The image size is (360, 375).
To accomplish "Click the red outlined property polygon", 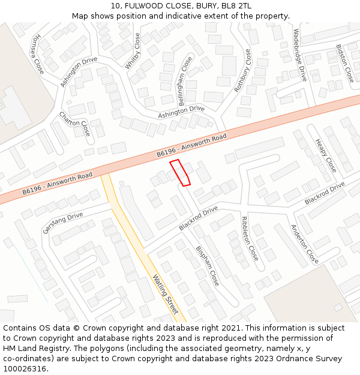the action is tap(179, 173).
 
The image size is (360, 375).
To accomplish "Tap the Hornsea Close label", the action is tap(38, 53).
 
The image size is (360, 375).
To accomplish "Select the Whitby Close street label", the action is tap(133, 51).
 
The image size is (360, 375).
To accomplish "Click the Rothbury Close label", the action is tap(243, 71).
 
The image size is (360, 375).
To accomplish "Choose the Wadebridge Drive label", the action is tap(300, 56).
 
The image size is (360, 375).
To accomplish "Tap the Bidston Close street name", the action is tap(345, 63).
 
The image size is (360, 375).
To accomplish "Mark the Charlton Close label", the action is tap(74, 124).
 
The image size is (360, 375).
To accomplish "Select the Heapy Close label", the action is tap(326, 155).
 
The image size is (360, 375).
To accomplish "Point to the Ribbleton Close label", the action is tap(250, 238).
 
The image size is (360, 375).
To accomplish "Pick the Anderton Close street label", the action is tap(304, 244).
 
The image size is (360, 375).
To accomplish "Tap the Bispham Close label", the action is tap(208, 266).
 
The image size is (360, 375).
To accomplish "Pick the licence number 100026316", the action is tap(25, 369).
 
